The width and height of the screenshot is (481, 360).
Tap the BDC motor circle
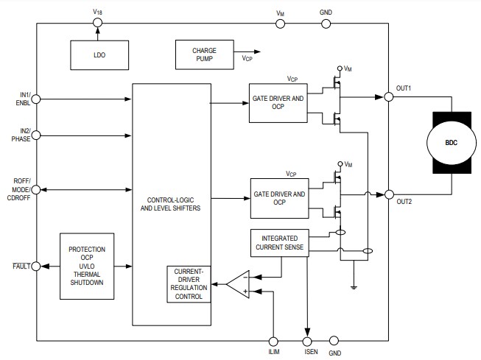coord(450,143)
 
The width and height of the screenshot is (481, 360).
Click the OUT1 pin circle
coord(387,96)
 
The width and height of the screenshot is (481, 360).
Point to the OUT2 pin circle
coord(387,194)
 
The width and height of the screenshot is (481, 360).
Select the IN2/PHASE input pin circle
coord(37,135)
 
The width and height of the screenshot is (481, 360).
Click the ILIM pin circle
coord(274,341)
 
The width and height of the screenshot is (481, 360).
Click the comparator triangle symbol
coord(238,283)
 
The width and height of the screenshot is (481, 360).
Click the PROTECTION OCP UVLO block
coord(87,267)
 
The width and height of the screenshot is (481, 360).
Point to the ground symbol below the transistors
coord(354,288)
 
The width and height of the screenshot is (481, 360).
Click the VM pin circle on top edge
coord(280,24)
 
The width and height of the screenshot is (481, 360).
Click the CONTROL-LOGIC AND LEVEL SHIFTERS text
coord(171,203)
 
